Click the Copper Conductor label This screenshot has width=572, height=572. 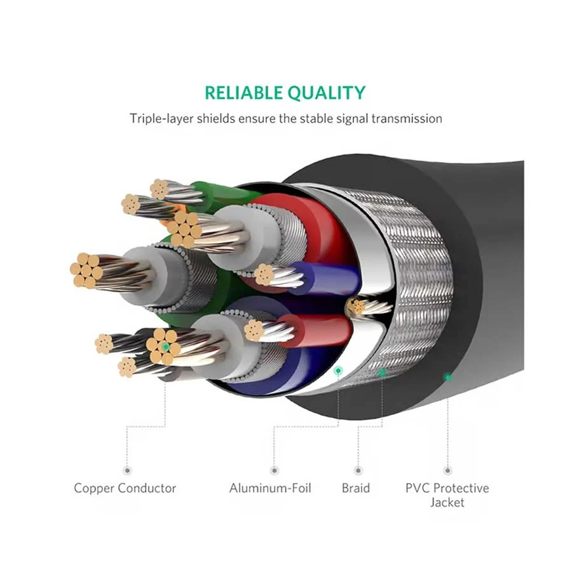[125, 488]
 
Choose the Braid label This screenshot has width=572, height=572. [355, 488]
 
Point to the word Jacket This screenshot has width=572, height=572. [447, 502]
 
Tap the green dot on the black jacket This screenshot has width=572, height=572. [447, 377]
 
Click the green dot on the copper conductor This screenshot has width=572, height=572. [166, 346]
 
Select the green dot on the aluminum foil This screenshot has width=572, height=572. [338, 370]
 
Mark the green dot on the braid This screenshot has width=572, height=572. [382, 373]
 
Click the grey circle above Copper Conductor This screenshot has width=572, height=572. [126, 470]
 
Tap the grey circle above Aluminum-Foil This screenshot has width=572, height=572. [274, 470]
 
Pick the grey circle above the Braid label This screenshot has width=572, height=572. [358, 470]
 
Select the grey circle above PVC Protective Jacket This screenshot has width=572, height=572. [447, 470]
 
